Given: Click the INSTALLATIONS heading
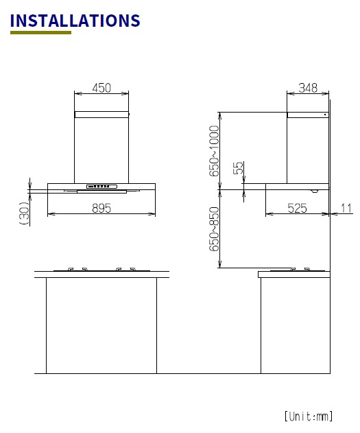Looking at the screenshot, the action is [x=75, y=21].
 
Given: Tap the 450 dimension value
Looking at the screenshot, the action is [x=101, y=88].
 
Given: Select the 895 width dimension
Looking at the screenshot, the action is [x=101, y=208].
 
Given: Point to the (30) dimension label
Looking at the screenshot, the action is [x=24, y=213].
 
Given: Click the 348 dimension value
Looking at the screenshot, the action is [x=308, y=88].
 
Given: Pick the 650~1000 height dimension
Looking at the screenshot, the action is [x=214, y=151].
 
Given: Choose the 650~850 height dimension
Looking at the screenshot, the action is [x=214, y=229].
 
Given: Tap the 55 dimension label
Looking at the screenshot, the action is [x=239, y=168].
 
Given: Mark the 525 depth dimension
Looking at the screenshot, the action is [x=297, y=208].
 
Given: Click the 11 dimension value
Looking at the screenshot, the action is [x=346, y=208].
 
